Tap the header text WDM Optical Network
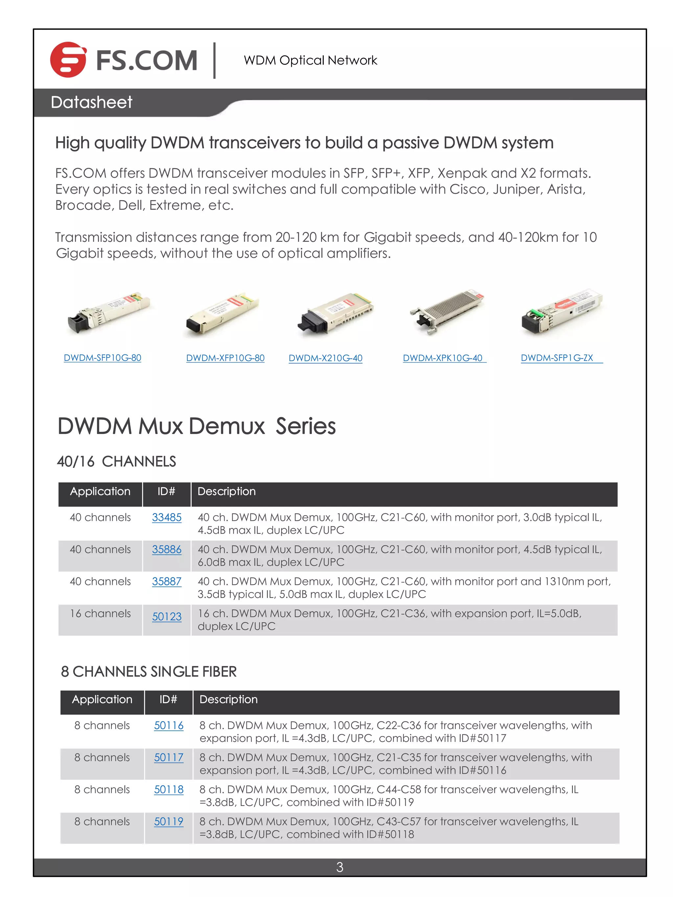310,60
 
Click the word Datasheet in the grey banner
91,102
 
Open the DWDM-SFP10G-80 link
102,358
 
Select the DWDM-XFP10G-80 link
225,358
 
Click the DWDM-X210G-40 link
325,358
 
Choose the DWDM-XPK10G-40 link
443,358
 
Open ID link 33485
167,517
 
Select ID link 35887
167,582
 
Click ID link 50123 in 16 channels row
167,617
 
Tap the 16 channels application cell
100,613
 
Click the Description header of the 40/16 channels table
226,492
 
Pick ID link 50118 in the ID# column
169,790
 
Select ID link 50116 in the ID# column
169,725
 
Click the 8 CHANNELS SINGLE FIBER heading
149,672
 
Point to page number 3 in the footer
339,867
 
